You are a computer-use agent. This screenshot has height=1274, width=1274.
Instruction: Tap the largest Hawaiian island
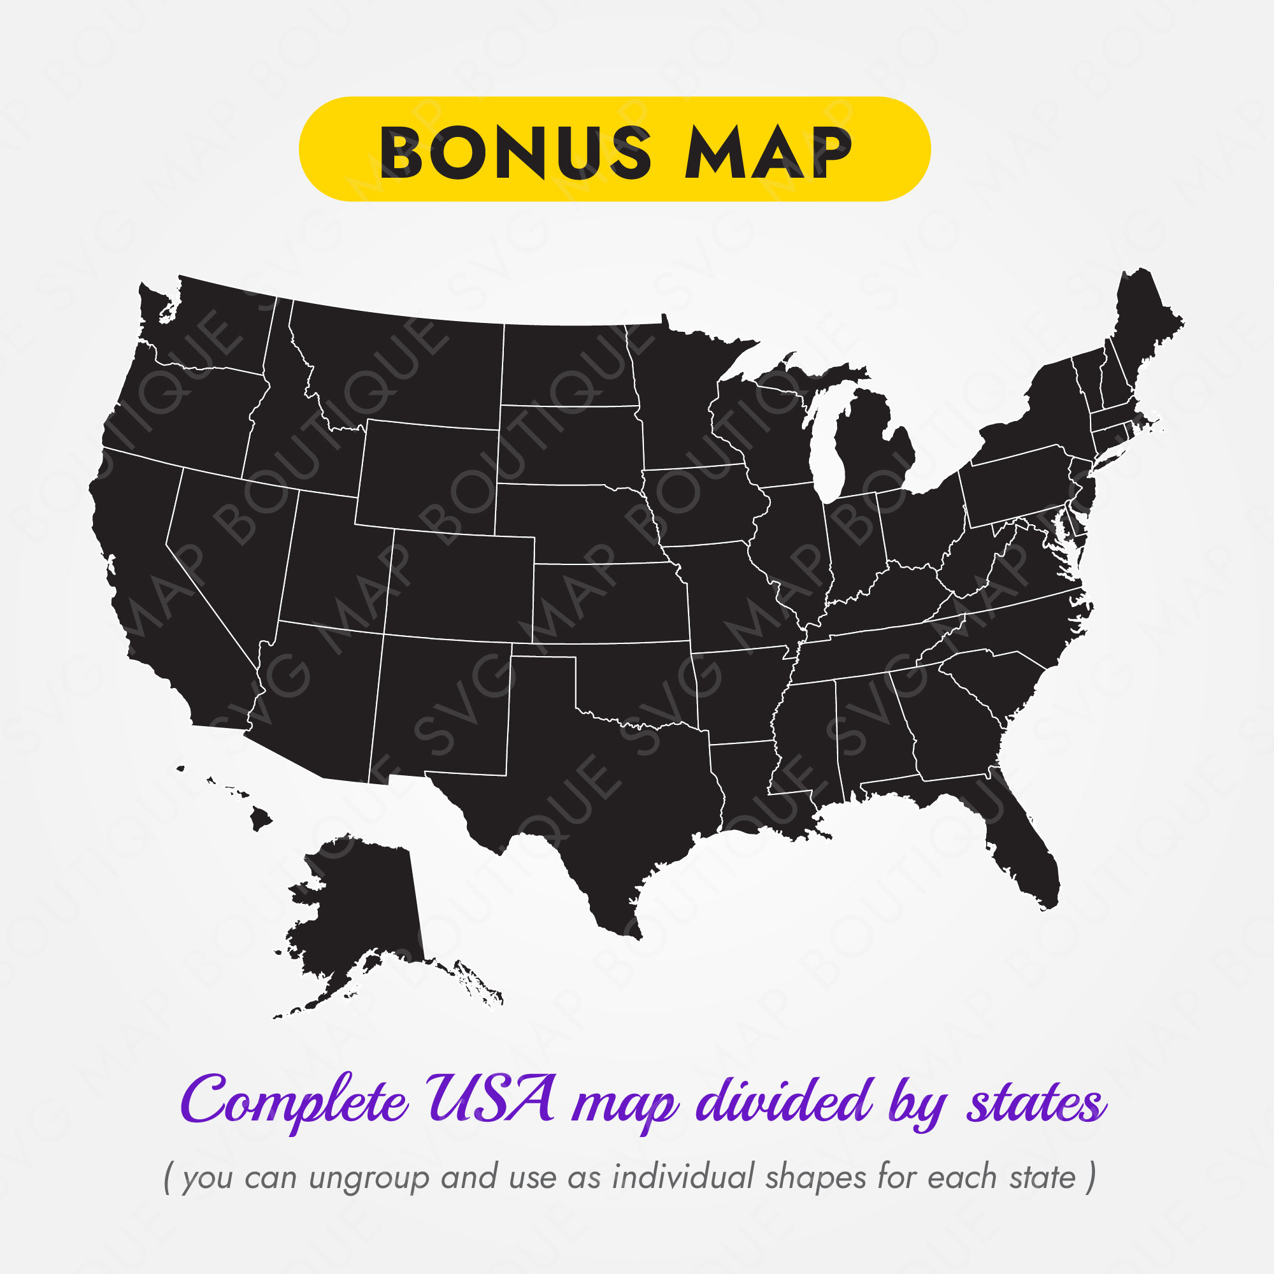(261, 819)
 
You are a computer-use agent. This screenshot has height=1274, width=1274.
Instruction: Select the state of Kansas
(610, 603)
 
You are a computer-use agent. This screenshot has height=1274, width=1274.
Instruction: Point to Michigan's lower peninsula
(870, 448)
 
